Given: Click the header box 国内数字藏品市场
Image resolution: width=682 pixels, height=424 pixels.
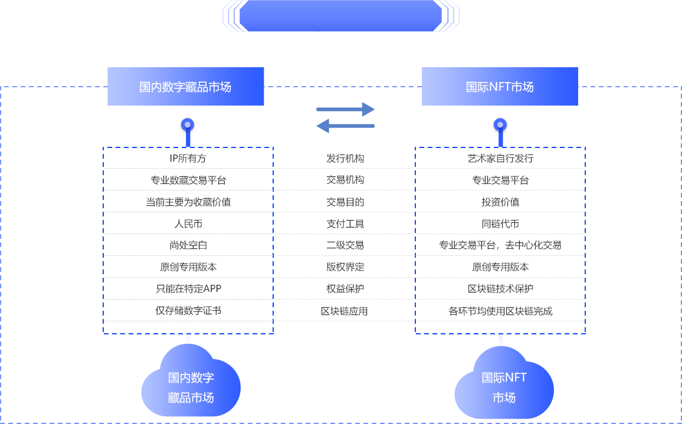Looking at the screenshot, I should click(185, 87).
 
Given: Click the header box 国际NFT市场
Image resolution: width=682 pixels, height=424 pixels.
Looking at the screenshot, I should click(500, 87).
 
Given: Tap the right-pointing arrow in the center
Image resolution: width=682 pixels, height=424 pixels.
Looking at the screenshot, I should click(346, 109).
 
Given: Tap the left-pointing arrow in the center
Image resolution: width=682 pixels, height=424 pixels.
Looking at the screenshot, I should click(346, 125).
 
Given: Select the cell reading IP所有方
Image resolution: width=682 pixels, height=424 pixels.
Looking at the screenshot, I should click(188, 159).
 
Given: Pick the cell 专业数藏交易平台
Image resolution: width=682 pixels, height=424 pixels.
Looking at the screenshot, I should click(188, 180).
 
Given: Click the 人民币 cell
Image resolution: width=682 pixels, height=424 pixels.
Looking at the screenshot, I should click(188, 224).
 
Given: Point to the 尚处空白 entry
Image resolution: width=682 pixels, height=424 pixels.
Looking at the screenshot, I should click(188, 245).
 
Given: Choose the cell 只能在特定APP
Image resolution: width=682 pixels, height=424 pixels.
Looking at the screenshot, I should click(188, 289).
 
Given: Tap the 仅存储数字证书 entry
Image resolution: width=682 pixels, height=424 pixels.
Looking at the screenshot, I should click(188, 311).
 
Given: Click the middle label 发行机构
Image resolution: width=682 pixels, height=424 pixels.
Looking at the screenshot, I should click(345, 159).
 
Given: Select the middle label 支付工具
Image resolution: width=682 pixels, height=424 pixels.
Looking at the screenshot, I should click(345, 224).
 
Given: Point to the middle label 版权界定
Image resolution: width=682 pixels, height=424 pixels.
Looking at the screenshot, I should click(345, 267).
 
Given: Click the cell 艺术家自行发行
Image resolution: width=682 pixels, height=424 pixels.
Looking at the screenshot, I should click(500, 159).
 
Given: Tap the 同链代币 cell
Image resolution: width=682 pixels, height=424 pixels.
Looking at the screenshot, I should click(500, 224).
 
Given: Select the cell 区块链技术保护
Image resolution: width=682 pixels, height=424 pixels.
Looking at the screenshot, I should click(500, 289).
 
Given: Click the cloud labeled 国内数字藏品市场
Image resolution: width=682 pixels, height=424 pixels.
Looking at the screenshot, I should click(191, 383).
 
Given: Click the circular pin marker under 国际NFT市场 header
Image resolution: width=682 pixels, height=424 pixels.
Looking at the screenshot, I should click(500, 125).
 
